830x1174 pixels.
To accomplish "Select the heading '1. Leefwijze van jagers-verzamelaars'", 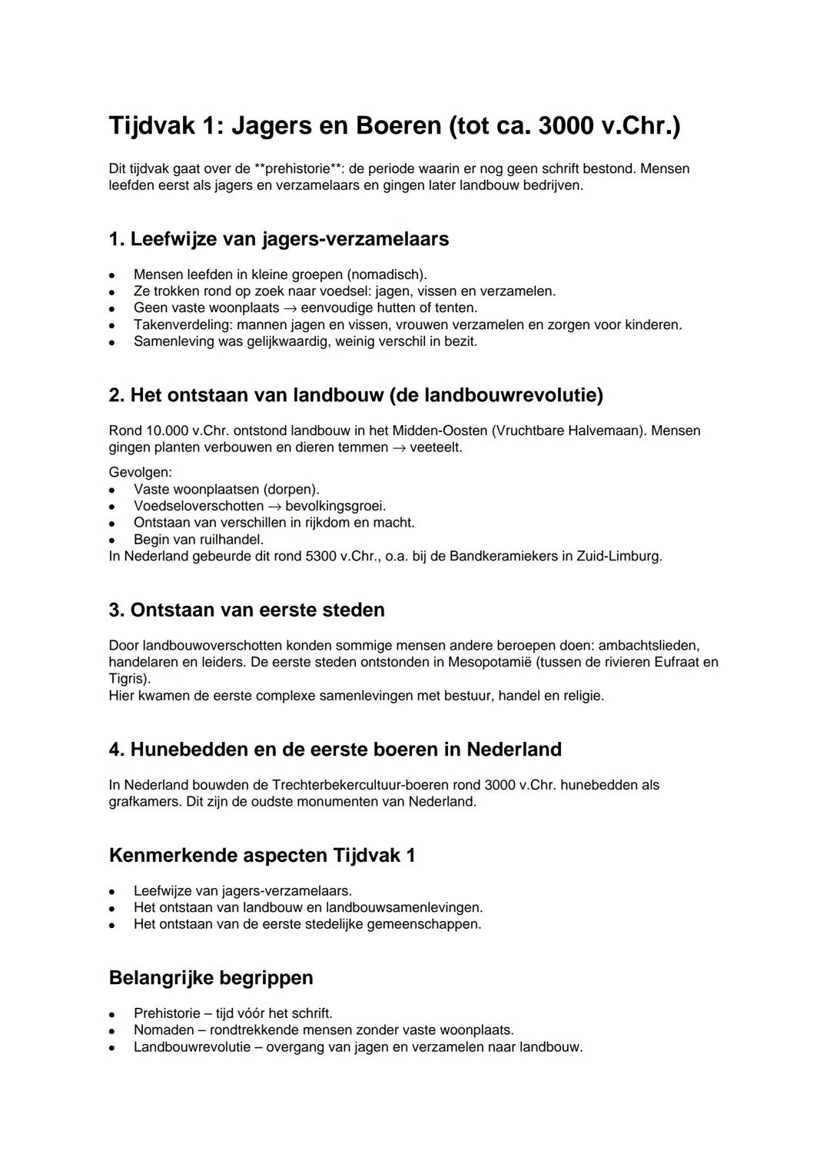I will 278,239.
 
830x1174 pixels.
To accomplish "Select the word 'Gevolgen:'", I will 141,472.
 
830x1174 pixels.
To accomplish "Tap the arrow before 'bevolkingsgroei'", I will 274,506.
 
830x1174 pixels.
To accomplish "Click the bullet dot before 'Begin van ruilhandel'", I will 112,540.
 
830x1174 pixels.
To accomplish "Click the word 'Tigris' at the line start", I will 128,679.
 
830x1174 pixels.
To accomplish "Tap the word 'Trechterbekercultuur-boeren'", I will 377,785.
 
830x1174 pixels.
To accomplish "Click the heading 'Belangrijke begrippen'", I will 211,978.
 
